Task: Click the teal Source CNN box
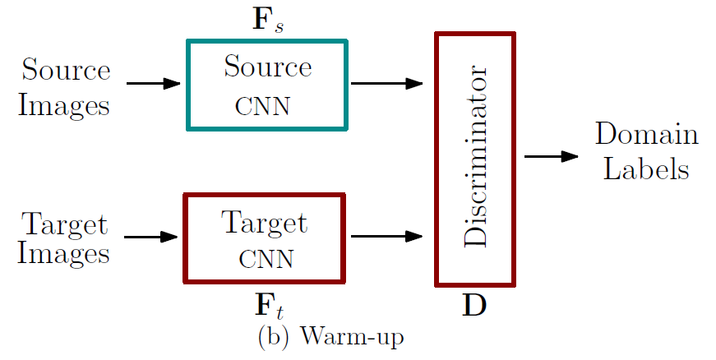click(267, 85)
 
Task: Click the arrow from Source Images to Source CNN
click(154, 83)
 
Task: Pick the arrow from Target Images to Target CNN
click(152, 237)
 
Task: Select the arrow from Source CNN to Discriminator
click(386, 83)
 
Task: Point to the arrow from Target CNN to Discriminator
click(386, 237)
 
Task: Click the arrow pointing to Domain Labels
click(552, 155)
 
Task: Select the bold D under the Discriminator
click(474, 305)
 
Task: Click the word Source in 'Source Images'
click(66, 70)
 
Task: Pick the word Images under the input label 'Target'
click(64, 253)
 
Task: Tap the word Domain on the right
click(646, 135)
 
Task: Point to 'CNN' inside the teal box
click(264, 107)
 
